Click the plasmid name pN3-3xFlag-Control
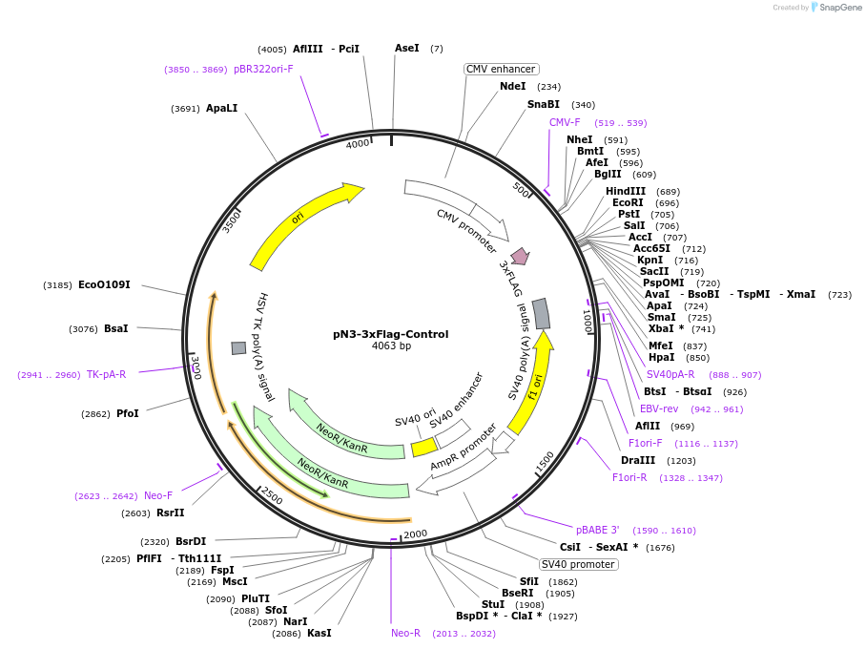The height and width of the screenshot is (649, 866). (390, 334)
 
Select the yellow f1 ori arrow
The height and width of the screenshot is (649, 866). (531, 382)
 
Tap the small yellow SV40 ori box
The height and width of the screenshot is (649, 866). (423, 446)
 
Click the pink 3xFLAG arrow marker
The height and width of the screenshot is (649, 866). (520, 256)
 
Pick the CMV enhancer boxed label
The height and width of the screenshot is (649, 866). (501, 69)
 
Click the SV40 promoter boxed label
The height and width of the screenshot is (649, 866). (579, 564)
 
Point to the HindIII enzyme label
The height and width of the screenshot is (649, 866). (626, 191)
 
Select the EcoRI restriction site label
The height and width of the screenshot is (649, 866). (628, 202)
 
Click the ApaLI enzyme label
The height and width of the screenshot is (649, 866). (221, 108)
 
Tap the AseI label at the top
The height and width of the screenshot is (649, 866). (406, 48)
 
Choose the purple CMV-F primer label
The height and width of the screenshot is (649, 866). (565, 122)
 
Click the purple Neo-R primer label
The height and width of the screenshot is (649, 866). (405, 633)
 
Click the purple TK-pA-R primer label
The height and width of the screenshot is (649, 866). (106, 374)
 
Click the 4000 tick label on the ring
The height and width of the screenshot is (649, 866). (358, 144)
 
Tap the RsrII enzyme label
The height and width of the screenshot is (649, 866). (171, 513)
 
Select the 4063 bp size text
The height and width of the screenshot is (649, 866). (391, 345)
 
